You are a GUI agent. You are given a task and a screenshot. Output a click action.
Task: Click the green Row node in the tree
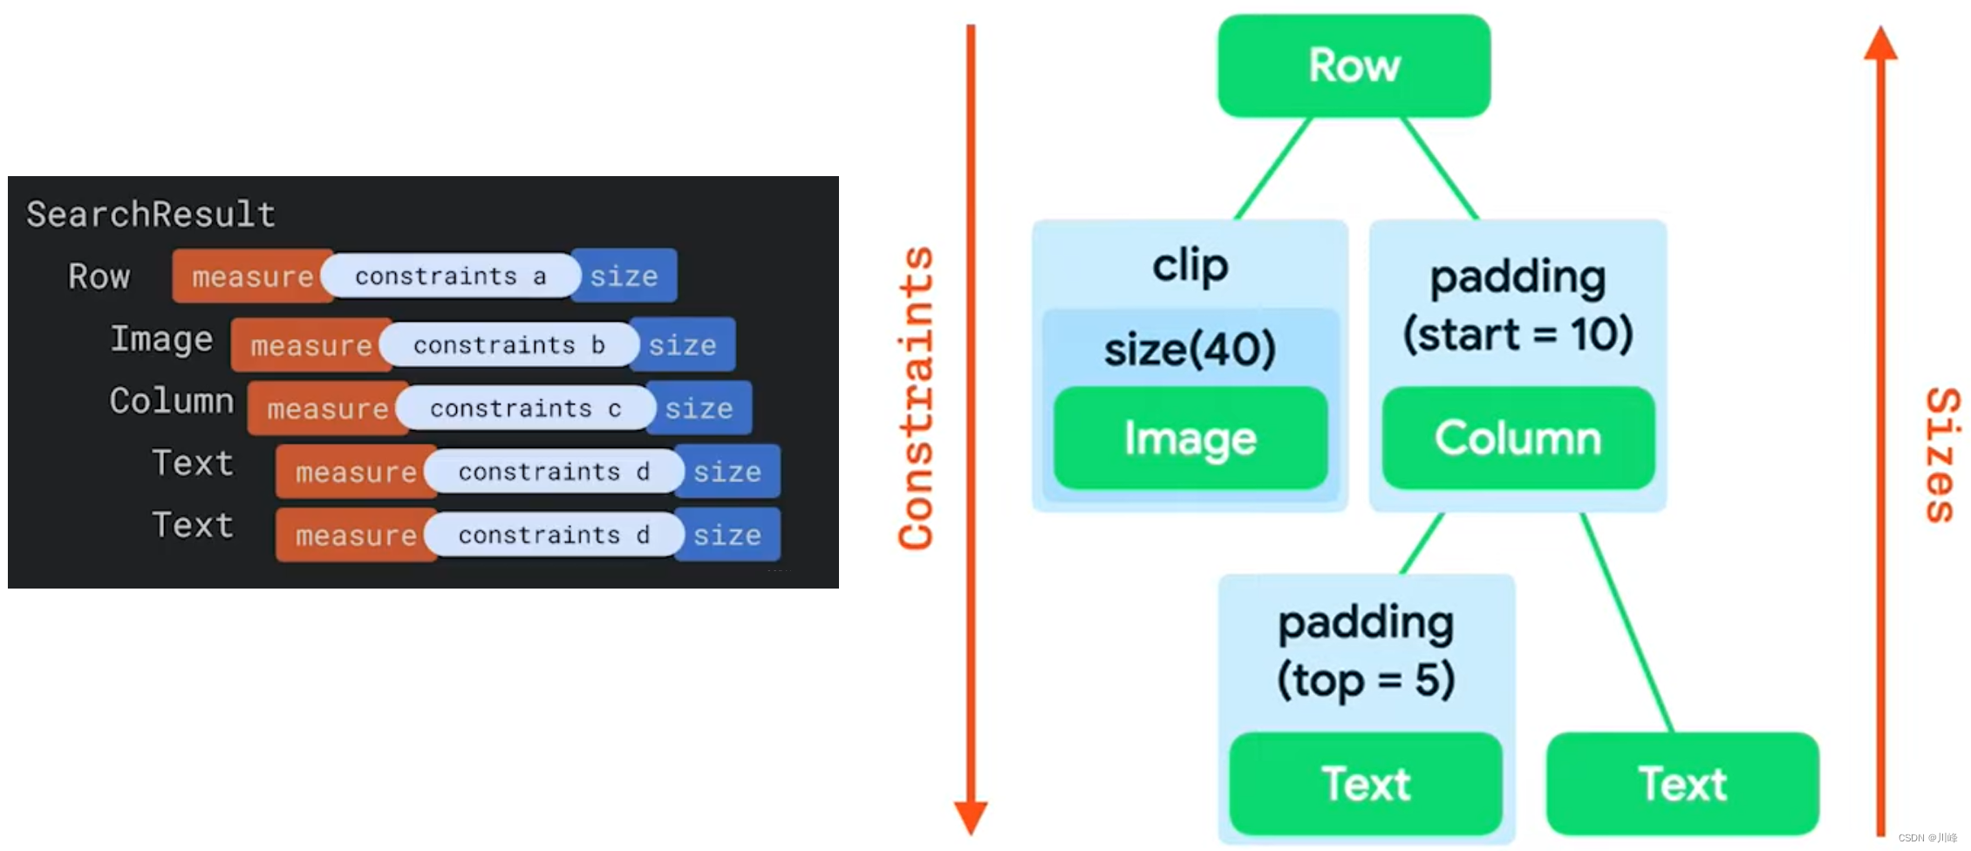tap(1354, 65)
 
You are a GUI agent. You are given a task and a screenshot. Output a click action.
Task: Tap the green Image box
tap(1190, 438)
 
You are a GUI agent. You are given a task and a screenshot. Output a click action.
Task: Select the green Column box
tap(1517, 438)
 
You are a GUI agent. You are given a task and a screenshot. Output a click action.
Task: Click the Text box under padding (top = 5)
tap(1365, 783)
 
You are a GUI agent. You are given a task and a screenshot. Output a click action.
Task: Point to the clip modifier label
tap(1190, 265)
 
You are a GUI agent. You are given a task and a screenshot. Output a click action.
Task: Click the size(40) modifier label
tap(1190, 349)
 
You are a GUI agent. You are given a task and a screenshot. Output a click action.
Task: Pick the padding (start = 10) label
tap(1517, 305)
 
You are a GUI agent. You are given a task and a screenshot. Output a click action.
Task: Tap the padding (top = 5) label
tap(1366, 650)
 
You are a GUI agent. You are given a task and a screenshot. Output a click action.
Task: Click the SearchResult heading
tap(151, 214)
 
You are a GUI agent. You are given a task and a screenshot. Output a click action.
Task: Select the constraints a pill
tap(450, 276)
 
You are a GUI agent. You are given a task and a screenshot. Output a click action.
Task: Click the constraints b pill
tap(508, 345)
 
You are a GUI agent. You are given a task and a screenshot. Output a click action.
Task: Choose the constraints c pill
tap(525, 408)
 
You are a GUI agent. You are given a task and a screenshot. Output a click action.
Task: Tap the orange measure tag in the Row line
tap(252, 276)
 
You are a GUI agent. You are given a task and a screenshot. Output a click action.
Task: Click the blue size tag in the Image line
tap(682, 345)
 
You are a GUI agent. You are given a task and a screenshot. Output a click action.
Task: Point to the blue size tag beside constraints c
tap(699, 408)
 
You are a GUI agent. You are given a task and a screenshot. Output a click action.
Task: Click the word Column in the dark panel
tap(171, 401)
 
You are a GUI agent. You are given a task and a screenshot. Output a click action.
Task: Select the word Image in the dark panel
tap(161, 338)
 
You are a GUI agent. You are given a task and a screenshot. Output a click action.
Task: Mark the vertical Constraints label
tap(916, 398)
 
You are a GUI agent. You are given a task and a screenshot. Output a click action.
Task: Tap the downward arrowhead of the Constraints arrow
tap(971, 816)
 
